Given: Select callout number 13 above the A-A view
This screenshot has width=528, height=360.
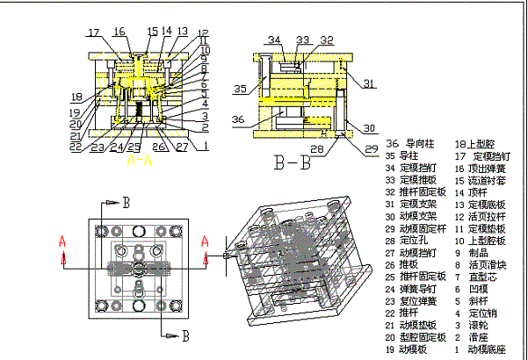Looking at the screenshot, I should (x=182, y=32).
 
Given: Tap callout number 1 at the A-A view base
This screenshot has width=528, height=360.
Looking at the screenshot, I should (x=205, y=147).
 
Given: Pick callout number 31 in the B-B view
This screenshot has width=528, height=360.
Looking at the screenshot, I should (x=369, y=83).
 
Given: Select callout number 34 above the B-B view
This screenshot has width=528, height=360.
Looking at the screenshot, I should (x=274, y=40).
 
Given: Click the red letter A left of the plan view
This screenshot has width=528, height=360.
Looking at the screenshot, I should (x=62, y=239).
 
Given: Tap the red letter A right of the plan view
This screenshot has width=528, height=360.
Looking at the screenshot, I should (x=206, y=239).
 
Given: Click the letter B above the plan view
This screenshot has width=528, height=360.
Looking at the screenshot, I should (x=126, y=202).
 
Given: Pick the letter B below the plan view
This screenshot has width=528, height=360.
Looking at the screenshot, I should (x=185, y=335).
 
